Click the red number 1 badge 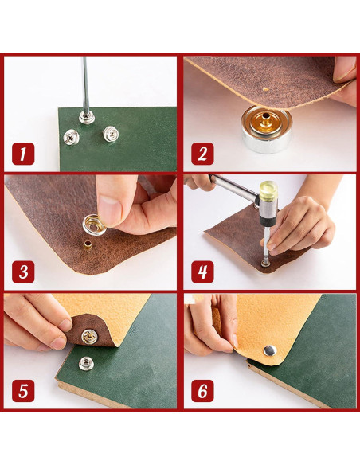pos(23,154)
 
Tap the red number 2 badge pos(202,154)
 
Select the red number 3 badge pos(23,272)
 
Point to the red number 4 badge pos(202,272)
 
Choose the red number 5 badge pos(23,391)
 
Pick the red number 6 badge pos(202,391)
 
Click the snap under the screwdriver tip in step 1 pos(87,117)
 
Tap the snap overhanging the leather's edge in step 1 pos(71,137)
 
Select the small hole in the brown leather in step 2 pos(266,89)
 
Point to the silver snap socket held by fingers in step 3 pos(94,225)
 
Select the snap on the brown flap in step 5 pos(89,336)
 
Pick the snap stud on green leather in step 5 pos(86,364)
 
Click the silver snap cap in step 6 pos(270,350)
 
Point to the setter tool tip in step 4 pos(264,263)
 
